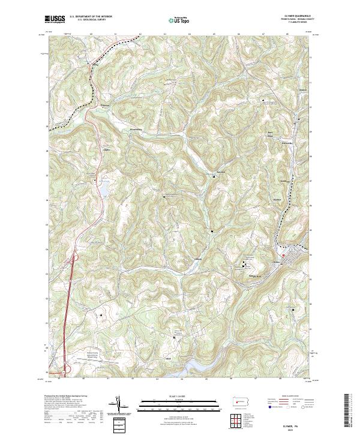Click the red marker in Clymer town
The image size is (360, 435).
point(283,256)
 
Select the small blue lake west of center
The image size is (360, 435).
point(104,191)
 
